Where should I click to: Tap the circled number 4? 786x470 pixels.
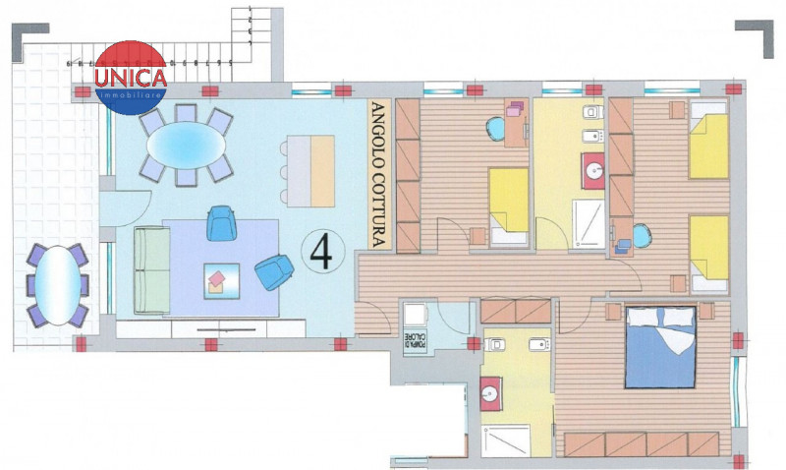320,253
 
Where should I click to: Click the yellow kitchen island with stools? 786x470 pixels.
309,169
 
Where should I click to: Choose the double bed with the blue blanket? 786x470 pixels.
659,346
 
